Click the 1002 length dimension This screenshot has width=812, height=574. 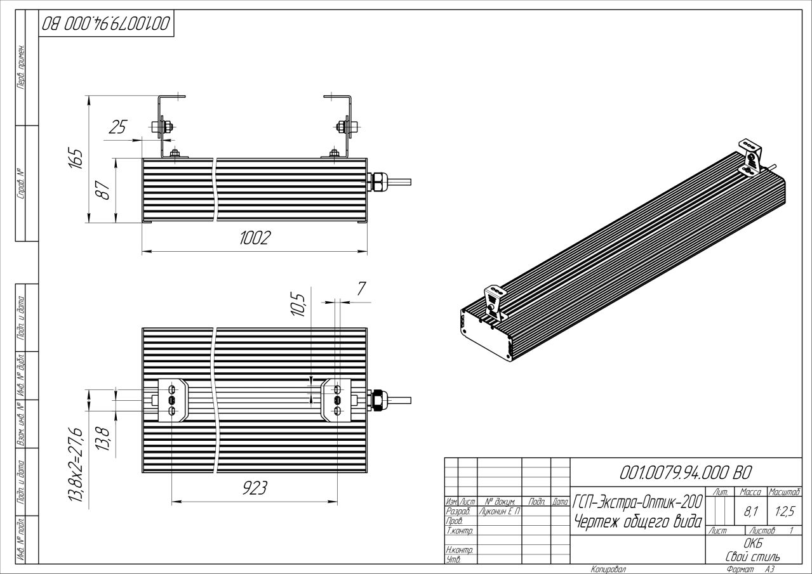(255, 238)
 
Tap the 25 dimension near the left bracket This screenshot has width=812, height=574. (117, 127)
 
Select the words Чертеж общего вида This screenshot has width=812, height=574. (637, 522)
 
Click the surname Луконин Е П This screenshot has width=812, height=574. (499, 511)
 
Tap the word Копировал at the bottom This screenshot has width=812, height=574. (608, 569)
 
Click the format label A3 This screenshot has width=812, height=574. (770, 569)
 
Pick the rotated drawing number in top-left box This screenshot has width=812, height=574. (106, 24)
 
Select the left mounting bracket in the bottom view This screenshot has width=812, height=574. (172, 400)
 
